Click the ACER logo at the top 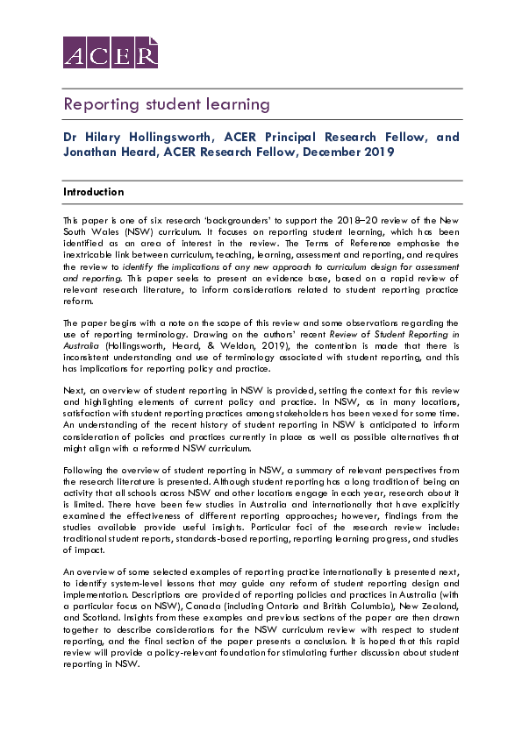110,53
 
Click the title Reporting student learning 166,104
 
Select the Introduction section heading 94,192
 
